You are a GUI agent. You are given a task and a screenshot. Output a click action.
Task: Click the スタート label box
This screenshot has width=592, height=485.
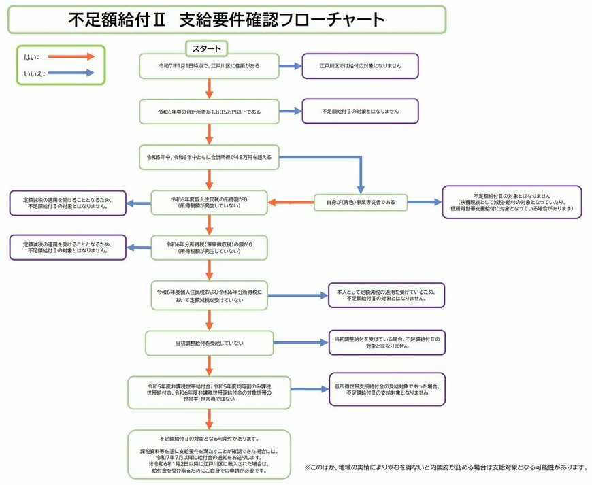[x=207, y=48]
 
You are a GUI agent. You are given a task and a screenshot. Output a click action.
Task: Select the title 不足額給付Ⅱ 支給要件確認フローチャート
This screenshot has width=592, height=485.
[x=227, y=20]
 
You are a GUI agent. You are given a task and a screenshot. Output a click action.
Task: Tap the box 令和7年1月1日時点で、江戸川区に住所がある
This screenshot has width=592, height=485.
[x=209, y=66]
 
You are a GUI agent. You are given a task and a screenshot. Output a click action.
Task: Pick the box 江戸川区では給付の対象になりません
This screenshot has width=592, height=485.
[x=360, y=66]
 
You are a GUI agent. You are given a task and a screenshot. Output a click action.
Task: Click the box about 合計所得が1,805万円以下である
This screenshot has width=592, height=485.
[x=209, y=111]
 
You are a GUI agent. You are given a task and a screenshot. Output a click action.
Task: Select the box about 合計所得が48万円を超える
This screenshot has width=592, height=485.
[x=209, y=157]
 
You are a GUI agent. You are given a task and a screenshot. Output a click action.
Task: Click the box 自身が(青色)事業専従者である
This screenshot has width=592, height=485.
[x=361, y=202]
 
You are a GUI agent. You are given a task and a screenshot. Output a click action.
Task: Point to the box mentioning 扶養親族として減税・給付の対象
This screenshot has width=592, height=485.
[x=512, y=202]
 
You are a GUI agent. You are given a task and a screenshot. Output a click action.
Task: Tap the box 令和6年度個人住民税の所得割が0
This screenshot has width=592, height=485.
[x=209, y=202]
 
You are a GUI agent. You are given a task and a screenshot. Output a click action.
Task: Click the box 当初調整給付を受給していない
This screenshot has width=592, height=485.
[x=209, y=343]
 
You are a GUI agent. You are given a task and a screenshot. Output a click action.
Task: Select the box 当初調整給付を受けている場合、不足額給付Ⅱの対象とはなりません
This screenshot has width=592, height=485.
[x=387, y=342]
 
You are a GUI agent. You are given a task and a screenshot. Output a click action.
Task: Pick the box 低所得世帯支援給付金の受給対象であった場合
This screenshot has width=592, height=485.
[x=387, y=389]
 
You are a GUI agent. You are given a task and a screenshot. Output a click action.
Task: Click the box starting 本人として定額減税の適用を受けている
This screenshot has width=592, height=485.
[x=387, y=295]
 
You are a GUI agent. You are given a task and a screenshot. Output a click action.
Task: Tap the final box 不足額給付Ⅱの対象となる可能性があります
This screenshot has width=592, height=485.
[x=209, y=454]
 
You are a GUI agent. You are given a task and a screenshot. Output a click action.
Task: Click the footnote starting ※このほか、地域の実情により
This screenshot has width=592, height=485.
[x=446, y=467]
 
